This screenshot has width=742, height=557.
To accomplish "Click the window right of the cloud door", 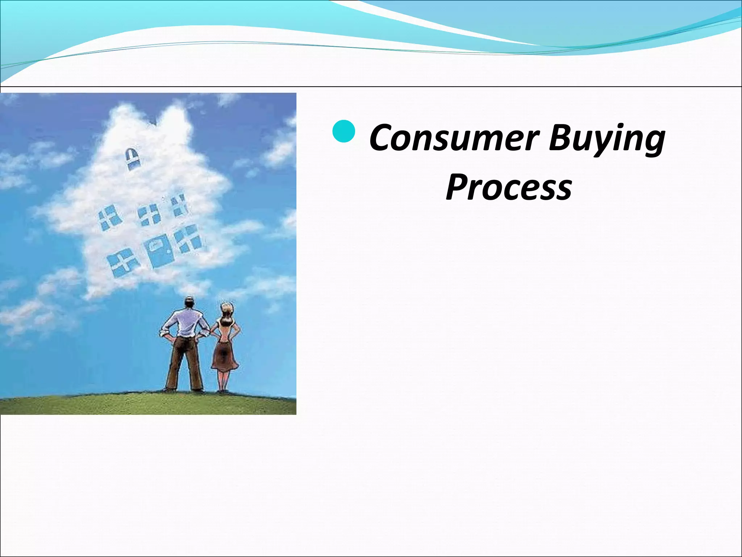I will pos(188,239).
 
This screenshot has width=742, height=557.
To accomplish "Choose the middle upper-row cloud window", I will pos(150,214).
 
